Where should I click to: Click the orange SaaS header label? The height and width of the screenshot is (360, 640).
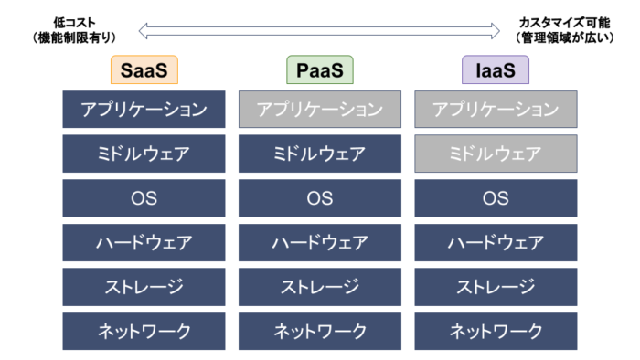144,70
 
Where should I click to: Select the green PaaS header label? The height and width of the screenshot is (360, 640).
319,70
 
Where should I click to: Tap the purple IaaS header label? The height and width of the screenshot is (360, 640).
496,70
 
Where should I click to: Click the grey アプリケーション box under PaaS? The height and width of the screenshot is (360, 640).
319,110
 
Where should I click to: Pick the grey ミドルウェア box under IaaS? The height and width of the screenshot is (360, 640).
496,154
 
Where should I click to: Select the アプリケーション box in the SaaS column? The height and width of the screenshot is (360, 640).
144,110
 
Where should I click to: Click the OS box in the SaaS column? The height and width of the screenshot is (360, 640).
144,198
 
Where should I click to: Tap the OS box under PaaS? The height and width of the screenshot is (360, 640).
319,198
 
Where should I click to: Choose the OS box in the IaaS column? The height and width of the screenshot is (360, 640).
496,198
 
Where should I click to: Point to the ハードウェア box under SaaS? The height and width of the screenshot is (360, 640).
144,243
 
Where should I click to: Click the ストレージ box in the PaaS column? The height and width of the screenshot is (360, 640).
319,287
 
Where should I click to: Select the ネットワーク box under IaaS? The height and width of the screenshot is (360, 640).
496,331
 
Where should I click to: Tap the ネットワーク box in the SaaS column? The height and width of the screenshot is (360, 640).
144,331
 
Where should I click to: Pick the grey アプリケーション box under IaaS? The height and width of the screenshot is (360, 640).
496,110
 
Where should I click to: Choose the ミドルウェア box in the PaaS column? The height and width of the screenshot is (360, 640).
319,154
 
